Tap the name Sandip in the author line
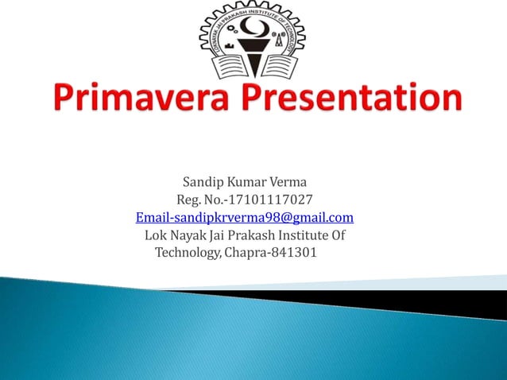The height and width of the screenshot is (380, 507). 203,182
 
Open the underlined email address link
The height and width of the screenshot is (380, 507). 245,217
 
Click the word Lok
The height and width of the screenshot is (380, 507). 156,235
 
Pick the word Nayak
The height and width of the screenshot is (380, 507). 190,235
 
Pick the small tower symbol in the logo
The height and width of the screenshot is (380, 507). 280,37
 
